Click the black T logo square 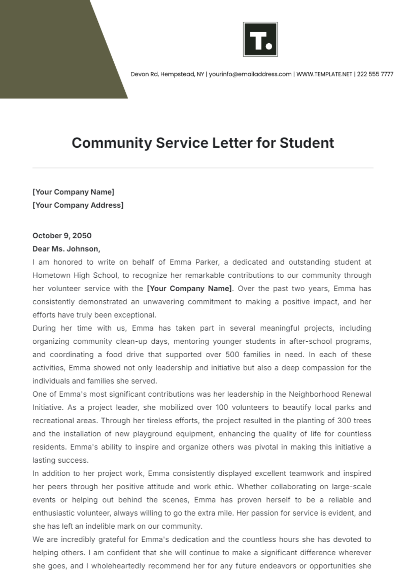click(x=260, y=40)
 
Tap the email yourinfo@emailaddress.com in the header click(x=250, y=74)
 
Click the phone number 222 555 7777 click(x=375, y=74)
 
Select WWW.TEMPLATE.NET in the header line click(x=324, y=74)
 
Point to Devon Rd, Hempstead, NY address click(x=167, y=74)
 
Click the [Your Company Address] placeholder click(x=78, y=205)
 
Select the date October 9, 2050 click(x=62, y=236)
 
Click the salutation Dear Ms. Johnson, click(x=66, y=249)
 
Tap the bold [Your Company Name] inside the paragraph click(x=189, y=289)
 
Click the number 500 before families click(x=232, y=355)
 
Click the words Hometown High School click(x=75, y=275)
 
